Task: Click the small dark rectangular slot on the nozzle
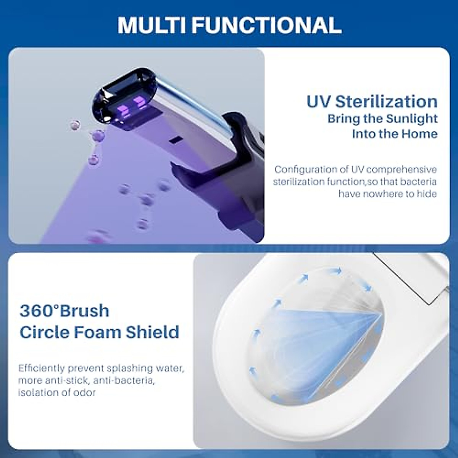(175, 140)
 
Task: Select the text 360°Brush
(64, 311)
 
